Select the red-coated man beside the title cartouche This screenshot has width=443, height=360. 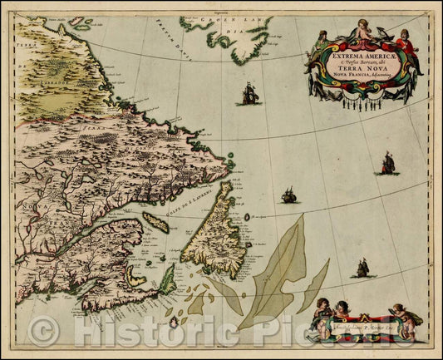click(x=406, y=50)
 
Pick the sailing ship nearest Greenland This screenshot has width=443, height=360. click(x=250, y=92)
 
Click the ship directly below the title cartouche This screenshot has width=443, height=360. click(x=386, y=163)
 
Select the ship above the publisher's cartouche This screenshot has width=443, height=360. click(x=362, y=267)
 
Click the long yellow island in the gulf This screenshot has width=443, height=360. click(x=155, y=222)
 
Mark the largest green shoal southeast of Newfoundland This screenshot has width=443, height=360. click(x=271, y=274)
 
